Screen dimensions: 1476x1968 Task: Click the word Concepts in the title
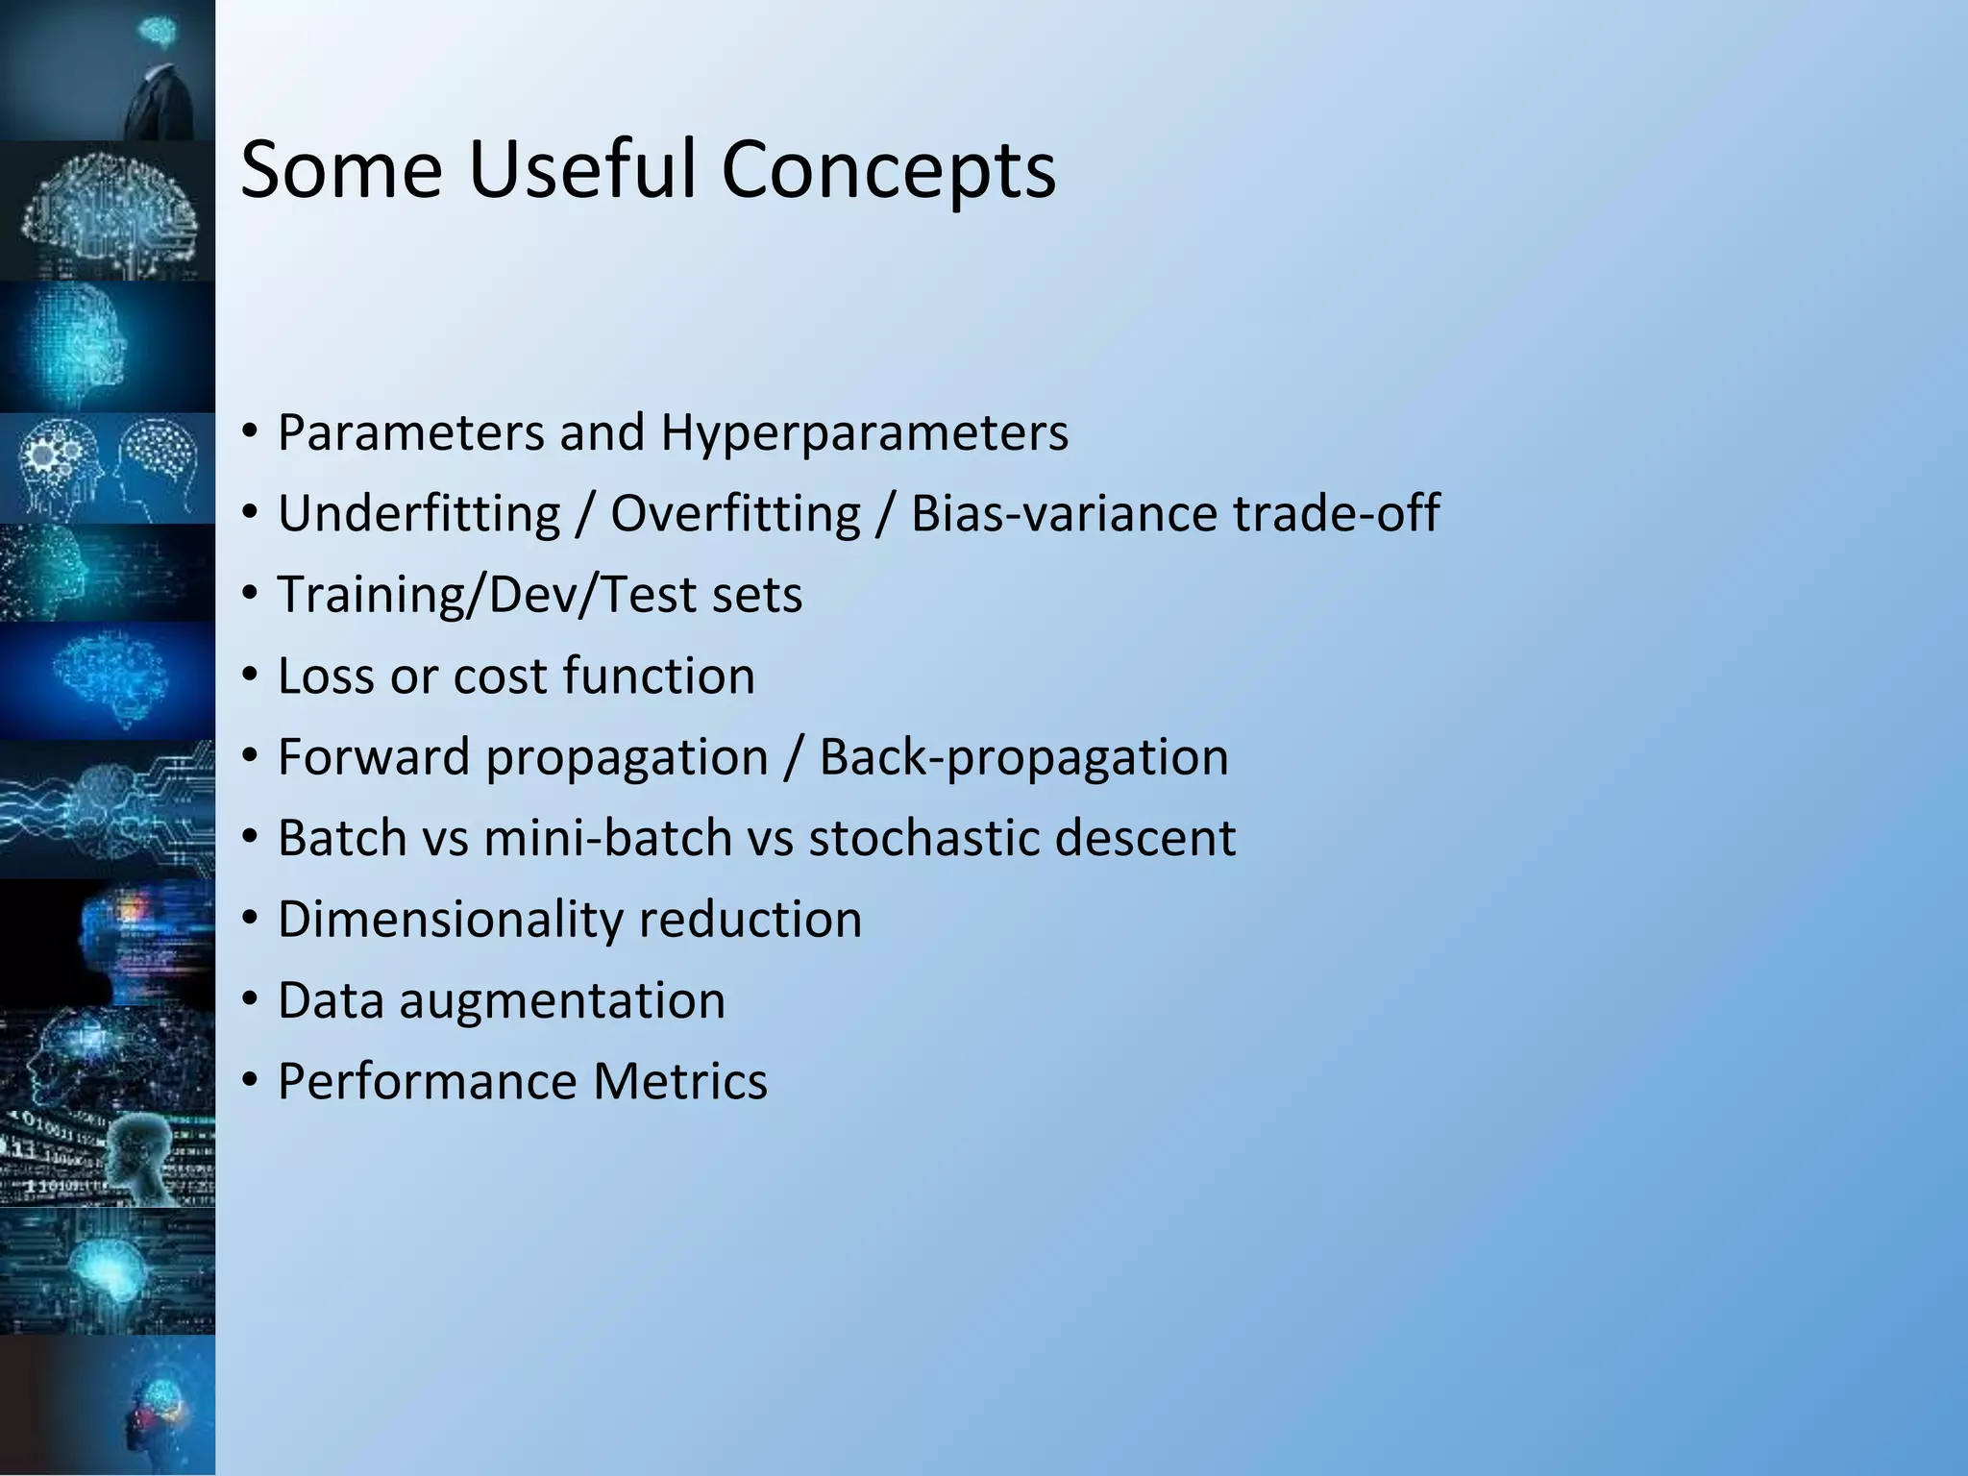pos(888,171)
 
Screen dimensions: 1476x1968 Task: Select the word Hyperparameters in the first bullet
pos(864,432)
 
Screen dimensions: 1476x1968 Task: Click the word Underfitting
pos(419,513)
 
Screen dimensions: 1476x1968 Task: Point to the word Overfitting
pos(735,513)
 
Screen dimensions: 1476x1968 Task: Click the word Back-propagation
pos(1023,757)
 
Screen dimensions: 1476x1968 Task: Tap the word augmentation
pos(562,1001)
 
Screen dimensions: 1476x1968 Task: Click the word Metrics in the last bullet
pos(680,1082)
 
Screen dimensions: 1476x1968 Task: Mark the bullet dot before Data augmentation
pos(250,1001)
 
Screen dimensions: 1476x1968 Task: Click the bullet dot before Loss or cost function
pos(250,676)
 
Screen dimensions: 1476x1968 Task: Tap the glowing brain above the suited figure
pos(156,33)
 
